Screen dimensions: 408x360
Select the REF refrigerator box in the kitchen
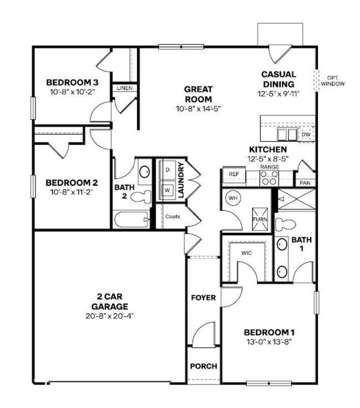233,174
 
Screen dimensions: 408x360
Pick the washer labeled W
167,190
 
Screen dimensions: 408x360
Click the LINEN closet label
125,88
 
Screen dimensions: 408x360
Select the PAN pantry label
305,183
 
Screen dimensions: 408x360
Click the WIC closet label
247,253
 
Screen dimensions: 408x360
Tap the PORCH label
203,366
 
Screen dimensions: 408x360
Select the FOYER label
203,298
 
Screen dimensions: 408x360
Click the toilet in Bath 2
143,195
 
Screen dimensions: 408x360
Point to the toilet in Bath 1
286,224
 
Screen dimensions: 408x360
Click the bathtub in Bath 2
131,220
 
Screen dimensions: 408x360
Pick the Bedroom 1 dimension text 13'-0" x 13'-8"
269,341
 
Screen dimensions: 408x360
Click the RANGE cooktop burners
269,177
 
